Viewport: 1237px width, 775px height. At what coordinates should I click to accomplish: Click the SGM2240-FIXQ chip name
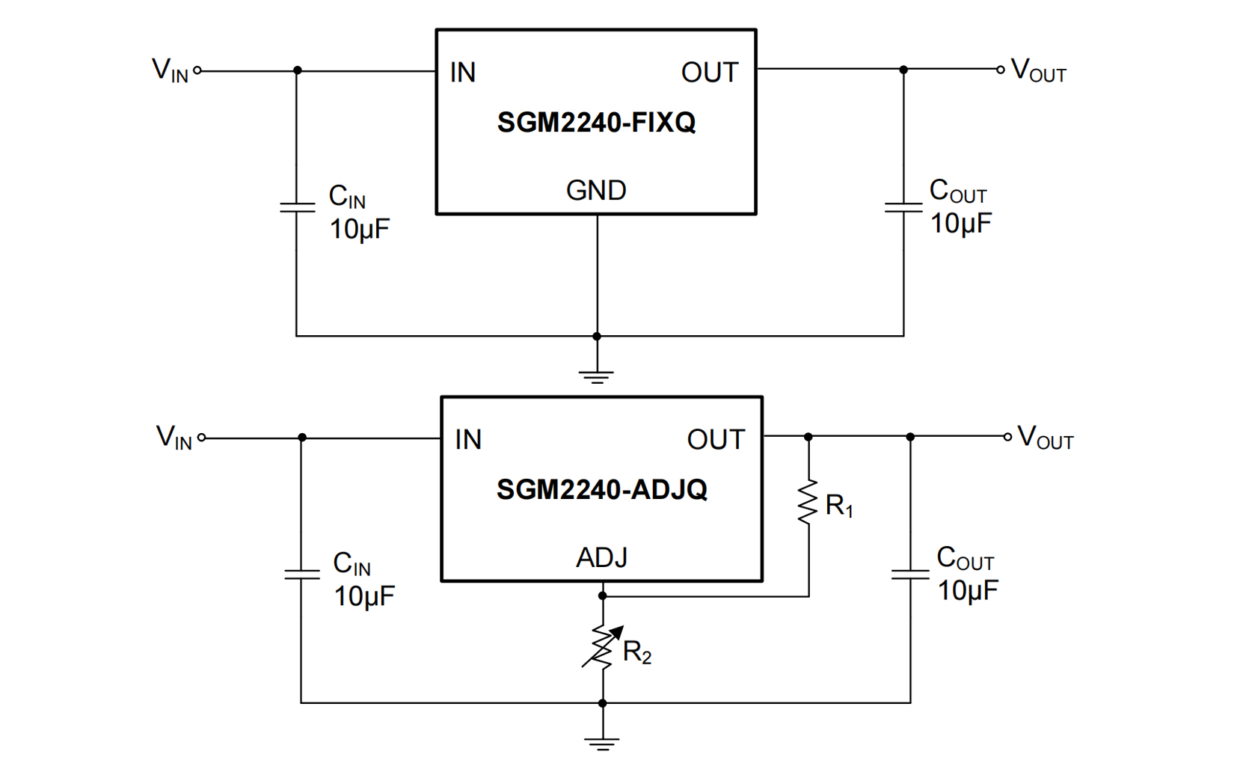click(x=596, y=122)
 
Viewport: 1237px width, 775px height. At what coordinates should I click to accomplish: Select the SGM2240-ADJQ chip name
click(x=601, y=489)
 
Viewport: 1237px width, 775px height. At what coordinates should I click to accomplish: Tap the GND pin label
click(x=596, y=191)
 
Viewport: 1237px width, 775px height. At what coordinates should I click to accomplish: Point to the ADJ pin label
click(x=601, y=557)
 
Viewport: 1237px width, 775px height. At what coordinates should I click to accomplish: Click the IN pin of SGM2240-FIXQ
click(x=463, y=73)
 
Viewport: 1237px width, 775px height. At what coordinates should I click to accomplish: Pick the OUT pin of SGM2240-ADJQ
click(x=716, y=440)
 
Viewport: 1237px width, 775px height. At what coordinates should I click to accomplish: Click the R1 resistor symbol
click(x=808, y=502)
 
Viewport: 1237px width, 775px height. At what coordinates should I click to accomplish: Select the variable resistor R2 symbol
click(x=602, y=646)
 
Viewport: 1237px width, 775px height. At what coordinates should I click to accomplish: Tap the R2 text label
click(x=636, y=652)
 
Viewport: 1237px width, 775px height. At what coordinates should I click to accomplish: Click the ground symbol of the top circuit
click(x=596, y=376)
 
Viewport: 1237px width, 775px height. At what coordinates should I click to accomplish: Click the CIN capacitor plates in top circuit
click(x=297, y=206)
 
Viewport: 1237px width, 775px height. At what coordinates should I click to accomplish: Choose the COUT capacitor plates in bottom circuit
click(x=910, y=575)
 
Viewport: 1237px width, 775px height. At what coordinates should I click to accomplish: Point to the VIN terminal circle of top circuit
click(x=197, y=71)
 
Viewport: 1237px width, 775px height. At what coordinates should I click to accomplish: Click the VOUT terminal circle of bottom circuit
click(x=1007, y=436)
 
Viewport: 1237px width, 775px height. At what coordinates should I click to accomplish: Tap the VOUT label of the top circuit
click(x=1038, y=70)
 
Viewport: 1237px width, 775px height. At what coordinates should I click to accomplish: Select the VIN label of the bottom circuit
click(x=174, y=437)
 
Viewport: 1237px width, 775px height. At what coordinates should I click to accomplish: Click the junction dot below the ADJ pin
click(x=603, y=595)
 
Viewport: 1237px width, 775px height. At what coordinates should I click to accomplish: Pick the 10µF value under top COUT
click(x=960, y=223)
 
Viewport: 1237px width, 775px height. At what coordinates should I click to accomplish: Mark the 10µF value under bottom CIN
click(x=364, y=596)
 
